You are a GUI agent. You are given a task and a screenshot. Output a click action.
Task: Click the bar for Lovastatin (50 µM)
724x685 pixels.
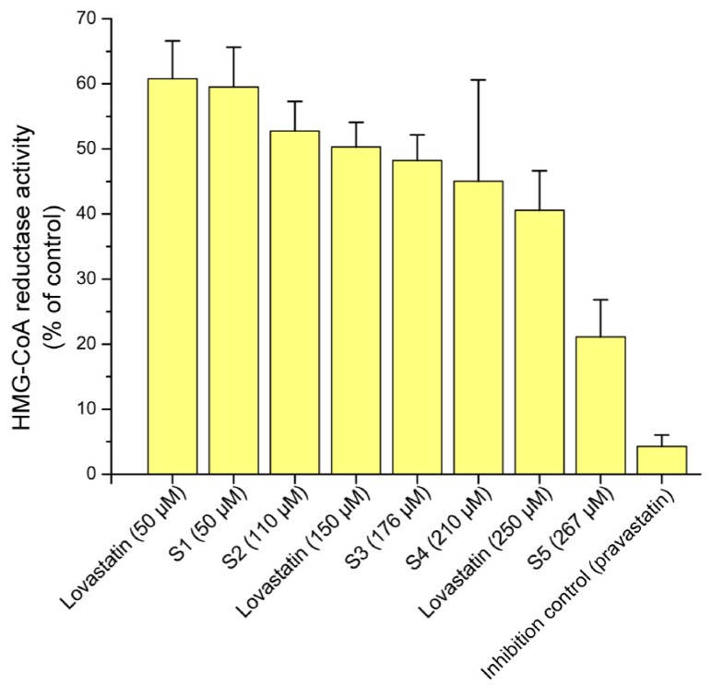172,277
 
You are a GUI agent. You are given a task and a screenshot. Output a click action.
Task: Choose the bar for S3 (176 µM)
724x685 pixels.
417,317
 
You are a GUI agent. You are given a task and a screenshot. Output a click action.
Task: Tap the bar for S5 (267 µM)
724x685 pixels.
600,406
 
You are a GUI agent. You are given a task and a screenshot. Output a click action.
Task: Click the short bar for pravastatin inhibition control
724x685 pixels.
661,460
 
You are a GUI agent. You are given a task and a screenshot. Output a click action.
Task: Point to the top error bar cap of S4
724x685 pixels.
478,80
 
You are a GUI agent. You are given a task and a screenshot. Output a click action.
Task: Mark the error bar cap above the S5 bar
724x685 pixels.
600,300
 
